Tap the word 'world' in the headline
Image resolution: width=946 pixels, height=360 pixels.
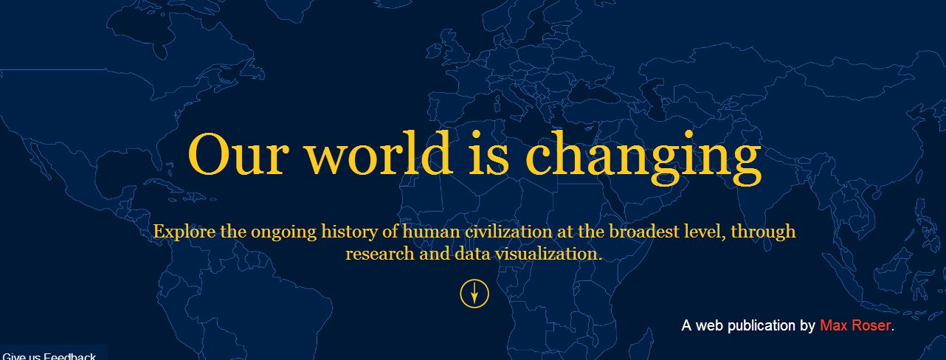click(x=379, y=153)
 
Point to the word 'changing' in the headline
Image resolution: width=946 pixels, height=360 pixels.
click(x=643, y=157)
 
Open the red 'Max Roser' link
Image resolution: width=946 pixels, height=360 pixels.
click(x=855, y=325)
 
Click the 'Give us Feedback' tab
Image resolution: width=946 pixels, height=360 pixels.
click(x=49, y=356)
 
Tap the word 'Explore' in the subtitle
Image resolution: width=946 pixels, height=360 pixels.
click(x=184, y=232)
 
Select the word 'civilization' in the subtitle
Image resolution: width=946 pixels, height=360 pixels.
click(x=508, y=232)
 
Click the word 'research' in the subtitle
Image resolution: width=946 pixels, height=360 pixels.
click(x=380, y=254)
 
